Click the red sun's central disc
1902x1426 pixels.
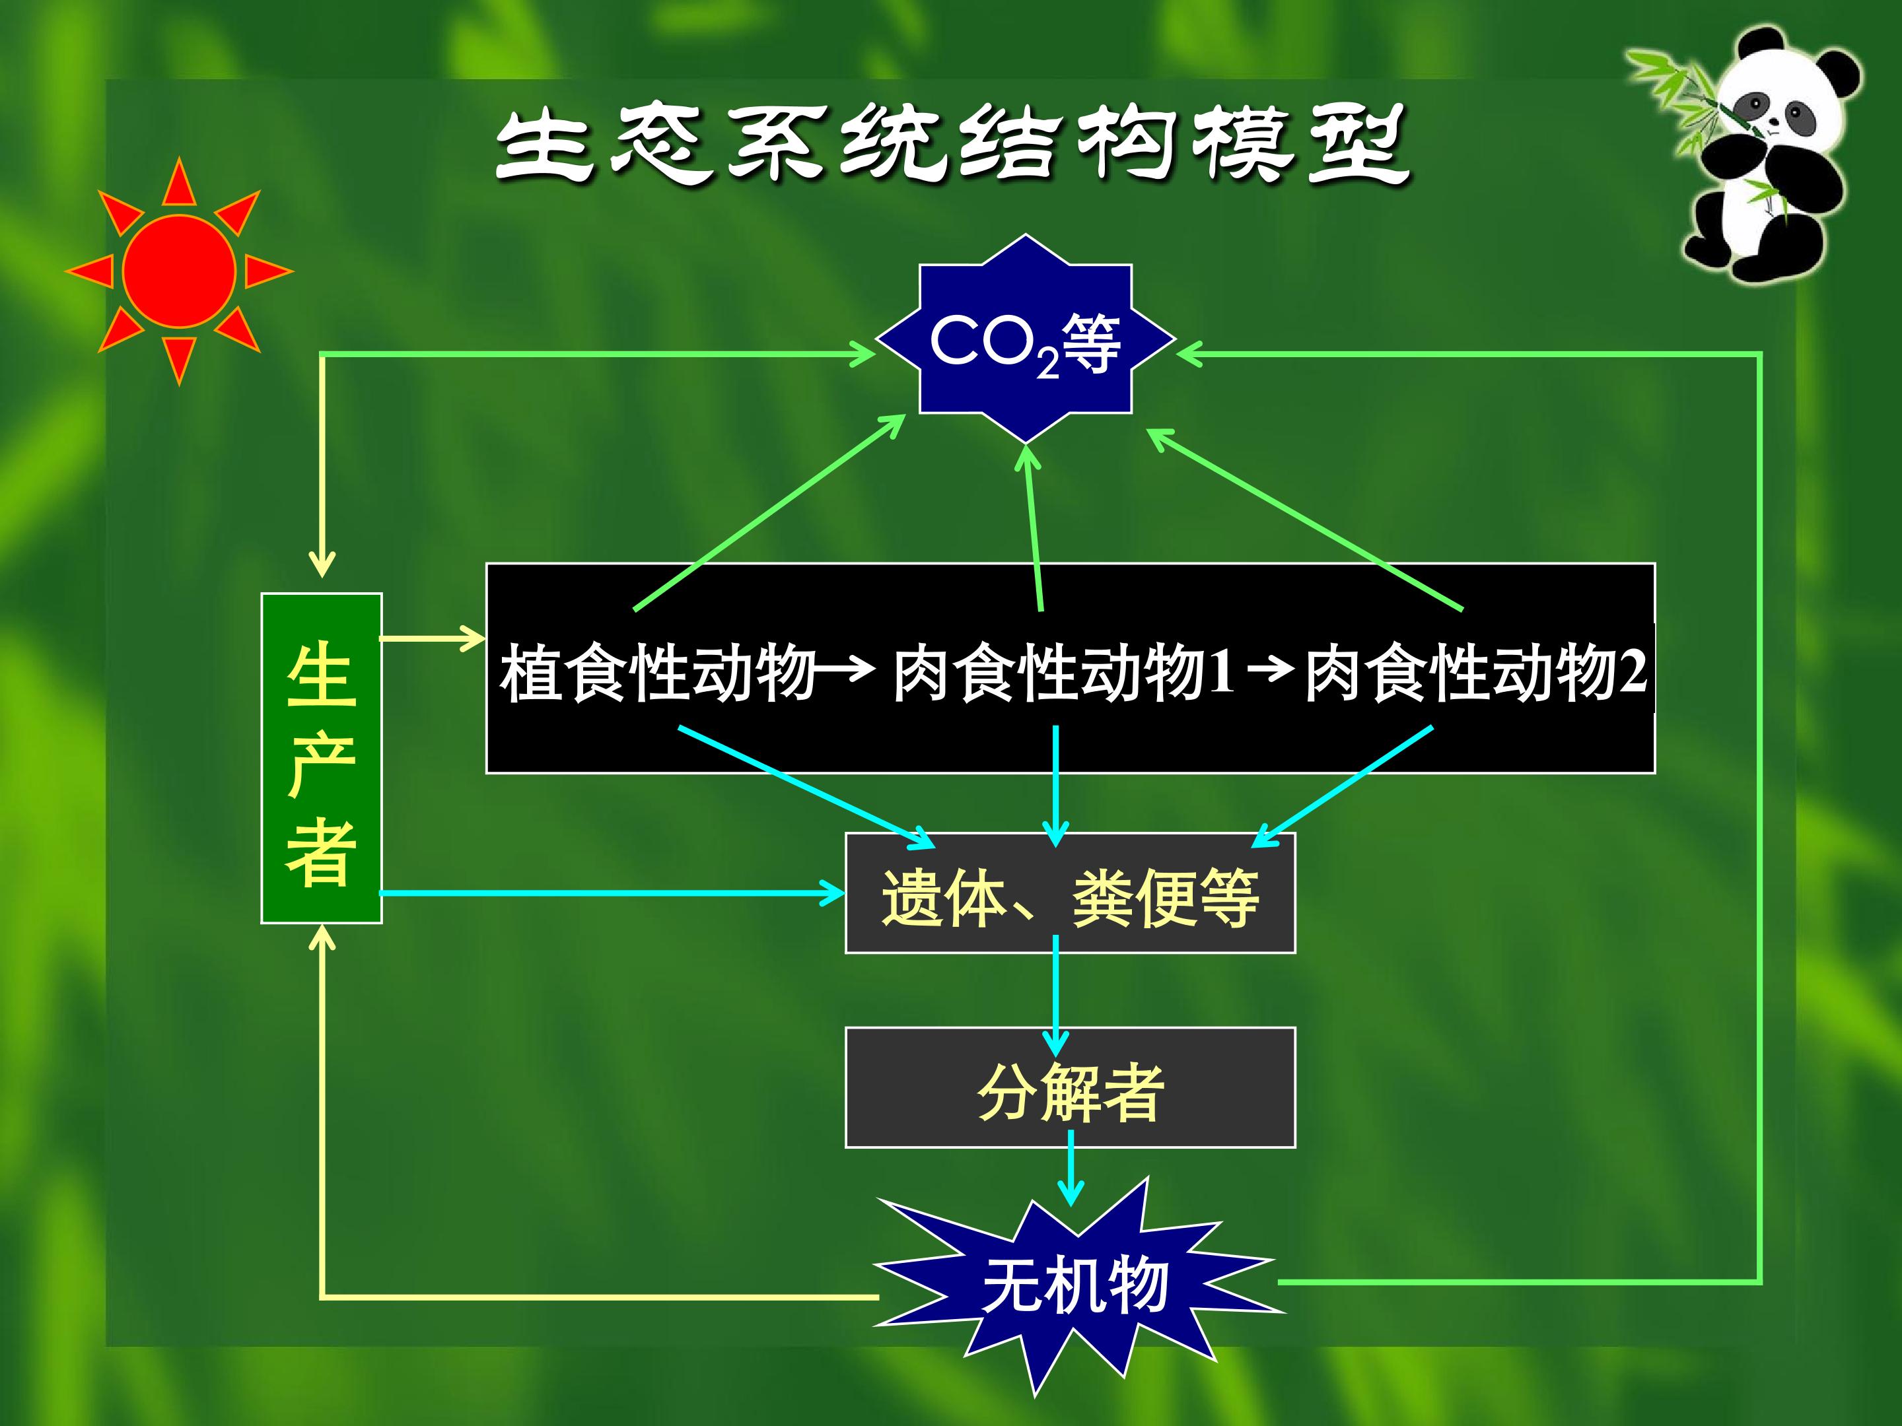coord(179,271)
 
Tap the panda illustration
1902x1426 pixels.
coord(1754,154)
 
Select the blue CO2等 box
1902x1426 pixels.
coord(1026,339)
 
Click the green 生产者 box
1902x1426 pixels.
coord(322,758)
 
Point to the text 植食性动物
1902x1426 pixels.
coord(658,672)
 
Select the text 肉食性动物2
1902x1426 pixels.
coord(1475,672)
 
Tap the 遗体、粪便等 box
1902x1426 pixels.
coord(1071,893)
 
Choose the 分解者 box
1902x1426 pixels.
coord(1071,1087)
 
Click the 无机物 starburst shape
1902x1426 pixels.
coord(1074,1285)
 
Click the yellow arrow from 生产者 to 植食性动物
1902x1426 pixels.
coord(433,638)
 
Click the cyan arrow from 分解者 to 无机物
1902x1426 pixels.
coord(1071,1169)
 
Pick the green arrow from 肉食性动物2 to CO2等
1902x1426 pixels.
coord(1304,520)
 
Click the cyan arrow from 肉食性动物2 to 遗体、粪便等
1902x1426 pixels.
coord(1342,786)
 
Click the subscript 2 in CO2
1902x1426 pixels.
coord(1047,364)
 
